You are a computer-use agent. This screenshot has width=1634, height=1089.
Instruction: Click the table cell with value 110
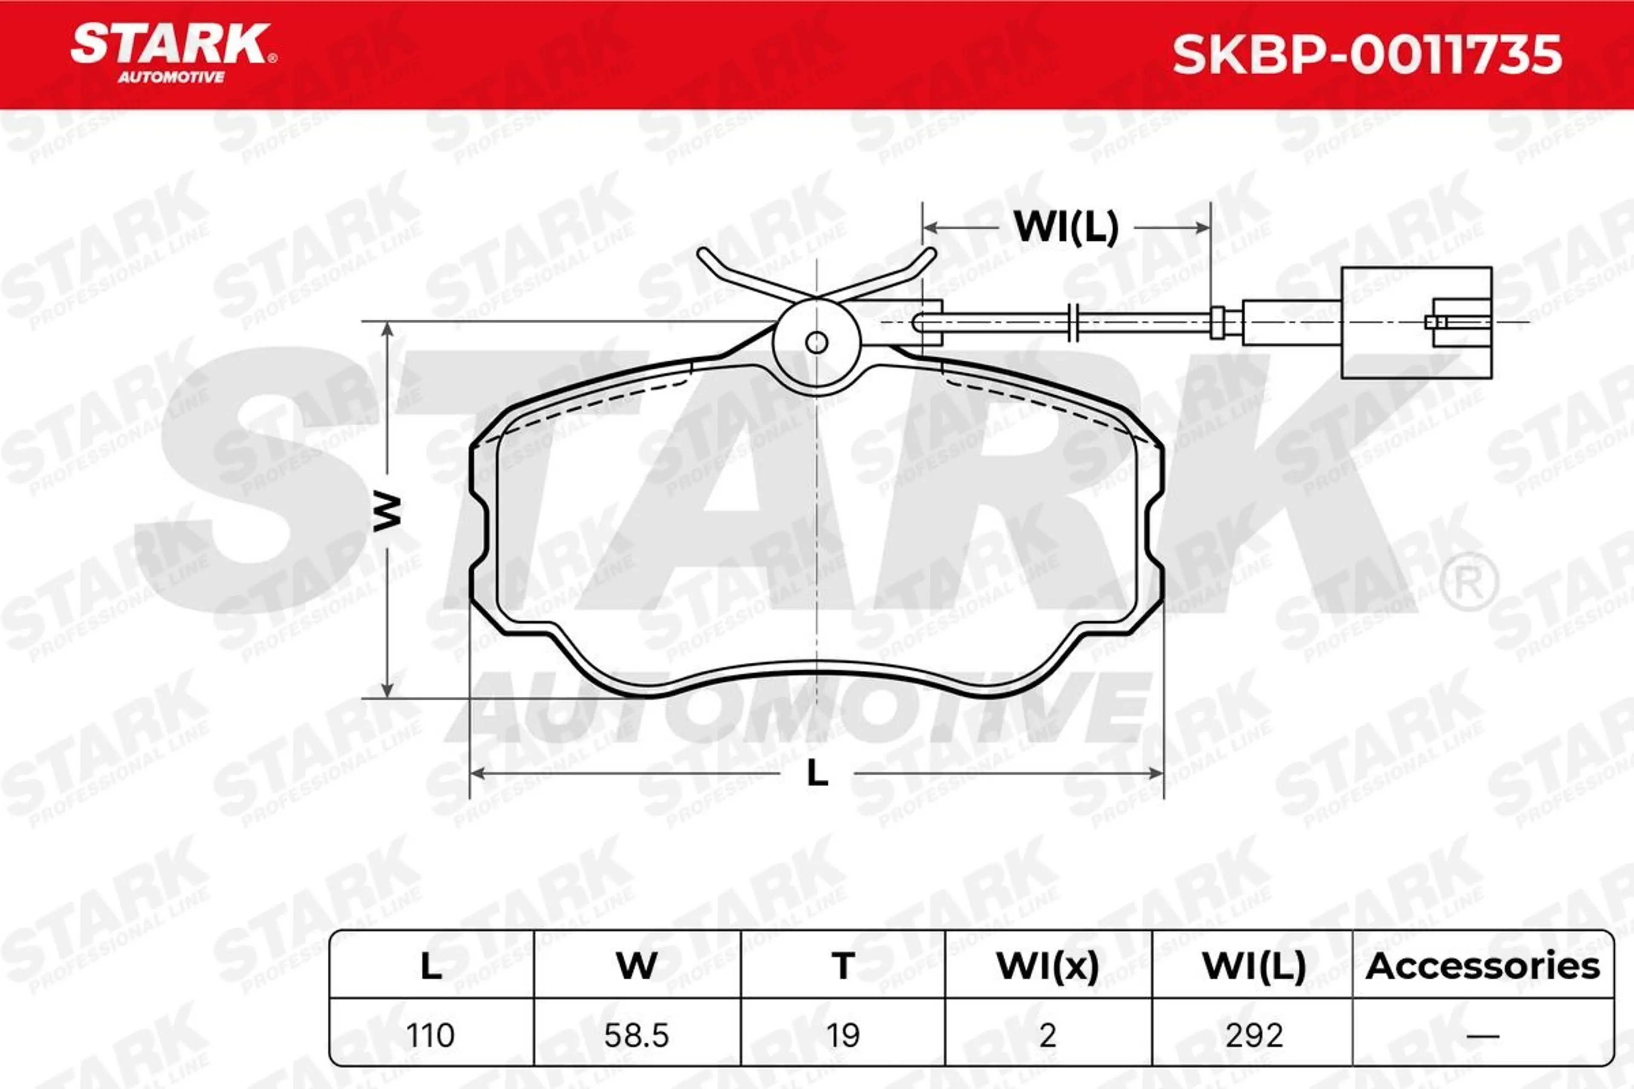click(x=431, y=1035)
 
